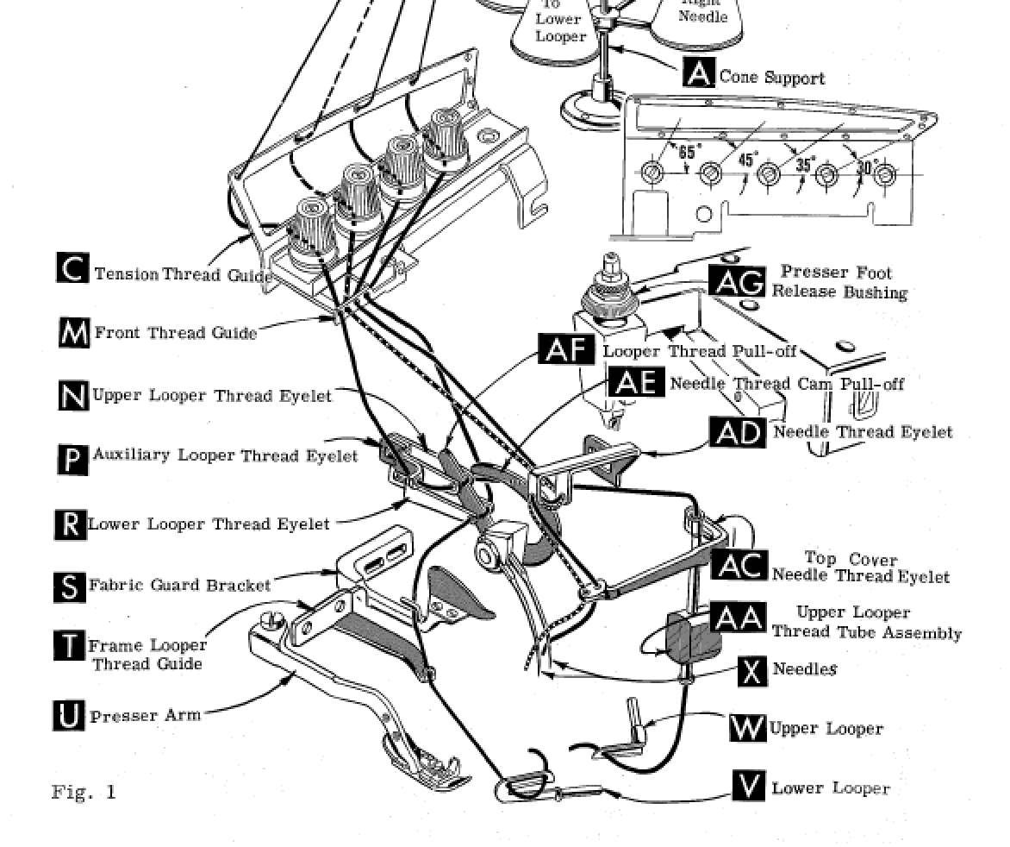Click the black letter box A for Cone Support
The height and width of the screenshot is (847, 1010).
(699, 72)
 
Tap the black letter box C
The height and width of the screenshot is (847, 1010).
(72, 267)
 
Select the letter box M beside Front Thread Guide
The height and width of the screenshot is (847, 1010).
(74, 333)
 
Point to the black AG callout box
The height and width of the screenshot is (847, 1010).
(737, 281)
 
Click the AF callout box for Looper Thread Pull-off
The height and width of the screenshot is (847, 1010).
(566, 348)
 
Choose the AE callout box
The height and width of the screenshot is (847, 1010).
(636, 381)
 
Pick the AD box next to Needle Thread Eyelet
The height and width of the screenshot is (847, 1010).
(738, 432)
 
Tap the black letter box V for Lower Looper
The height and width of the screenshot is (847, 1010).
(749, 786)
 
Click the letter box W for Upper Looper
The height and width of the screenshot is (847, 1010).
(747, 727)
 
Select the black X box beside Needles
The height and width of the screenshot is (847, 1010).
(751, 671)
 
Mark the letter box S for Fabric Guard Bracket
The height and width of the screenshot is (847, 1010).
(70, 587)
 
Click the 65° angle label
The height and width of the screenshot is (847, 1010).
(688, 153)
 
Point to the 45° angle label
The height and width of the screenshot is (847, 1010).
(747, 159)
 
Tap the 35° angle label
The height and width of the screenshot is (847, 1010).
(804, 165)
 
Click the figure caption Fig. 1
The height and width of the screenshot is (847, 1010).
(84, 792)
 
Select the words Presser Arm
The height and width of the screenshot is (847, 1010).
(146, 716)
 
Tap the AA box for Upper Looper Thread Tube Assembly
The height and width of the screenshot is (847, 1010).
(739, 618)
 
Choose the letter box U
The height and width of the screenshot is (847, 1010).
(68, 716)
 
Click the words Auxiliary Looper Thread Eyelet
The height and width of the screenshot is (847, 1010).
(225, 455)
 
